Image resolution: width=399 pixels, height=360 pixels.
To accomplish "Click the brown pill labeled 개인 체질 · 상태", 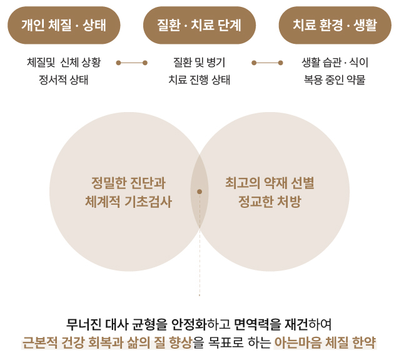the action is (x=64, y=25).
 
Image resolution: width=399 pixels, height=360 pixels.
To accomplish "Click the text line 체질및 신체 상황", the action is (x=64, y=63).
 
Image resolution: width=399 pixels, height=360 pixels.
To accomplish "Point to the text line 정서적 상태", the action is (x=64, y=80).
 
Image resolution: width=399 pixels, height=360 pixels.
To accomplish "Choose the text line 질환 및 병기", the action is (x=199, y=63).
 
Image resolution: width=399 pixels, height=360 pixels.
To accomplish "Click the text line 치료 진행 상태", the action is (x=199, y=80).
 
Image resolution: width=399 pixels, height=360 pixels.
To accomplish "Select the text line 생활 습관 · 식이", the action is (x=335, y=63).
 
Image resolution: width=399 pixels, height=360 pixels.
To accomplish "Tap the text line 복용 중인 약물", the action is (x=335, y=80).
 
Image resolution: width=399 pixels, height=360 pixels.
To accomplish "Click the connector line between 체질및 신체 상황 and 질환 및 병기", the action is (x=131, y=63).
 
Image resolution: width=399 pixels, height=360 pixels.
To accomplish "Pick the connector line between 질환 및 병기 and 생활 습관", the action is (x=267, y=63).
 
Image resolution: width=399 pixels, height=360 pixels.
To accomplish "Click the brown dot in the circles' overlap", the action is (x=199, y=192).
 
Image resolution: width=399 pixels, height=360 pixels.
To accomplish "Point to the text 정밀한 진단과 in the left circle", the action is (x=128, y=183).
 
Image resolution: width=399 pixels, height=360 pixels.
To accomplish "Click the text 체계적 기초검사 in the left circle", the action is (x=128, y=202).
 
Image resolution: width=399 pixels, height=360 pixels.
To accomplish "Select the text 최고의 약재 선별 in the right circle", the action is (x=270, y=183).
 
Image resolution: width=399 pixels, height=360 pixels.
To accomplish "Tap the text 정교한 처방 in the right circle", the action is (x=270, y=202).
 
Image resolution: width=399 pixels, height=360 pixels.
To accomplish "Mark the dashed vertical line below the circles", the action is (x=199, y=263).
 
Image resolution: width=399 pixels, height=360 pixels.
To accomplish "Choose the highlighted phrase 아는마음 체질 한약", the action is (x=325, y=342).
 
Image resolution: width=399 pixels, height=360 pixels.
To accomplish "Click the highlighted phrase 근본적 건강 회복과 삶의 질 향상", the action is (x=106, y=342).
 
